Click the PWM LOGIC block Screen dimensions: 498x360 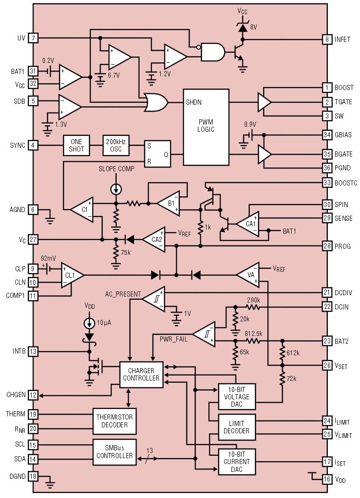tap(206, 127)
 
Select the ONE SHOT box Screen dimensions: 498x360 tap(77, 145)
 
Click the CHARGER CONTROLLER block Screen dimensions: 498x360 tap(144, 374)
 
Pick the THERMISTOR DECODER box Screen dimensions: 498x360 tap(114, 421)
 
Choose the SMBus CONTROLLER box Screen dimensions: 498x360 tap(114, 452)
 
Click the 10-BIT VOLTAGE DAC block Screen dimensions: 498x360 tap(236, 396)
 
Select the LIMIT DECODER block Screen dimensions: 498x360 tap(236, 427)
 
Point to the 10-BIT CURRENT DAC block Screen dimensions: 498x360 tap(236, 461)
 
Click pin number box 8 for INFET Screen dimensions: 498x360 tap(327, 39)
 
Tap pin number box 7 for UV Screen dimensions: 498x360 tap(33, 38)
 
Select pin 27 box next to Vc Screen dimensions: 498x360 tap(33, 240)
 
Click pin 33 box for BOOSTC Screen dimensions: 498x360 tap(327, 183)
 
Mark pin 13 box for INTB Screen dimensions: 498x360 tap(33, 352)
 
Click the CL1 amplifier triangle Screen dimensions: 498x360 tap(71, 275)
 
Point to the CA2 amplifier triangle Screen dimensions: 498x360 tap(154, 239)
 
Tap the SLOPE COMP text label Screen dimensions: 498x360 tap(117, 169)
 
